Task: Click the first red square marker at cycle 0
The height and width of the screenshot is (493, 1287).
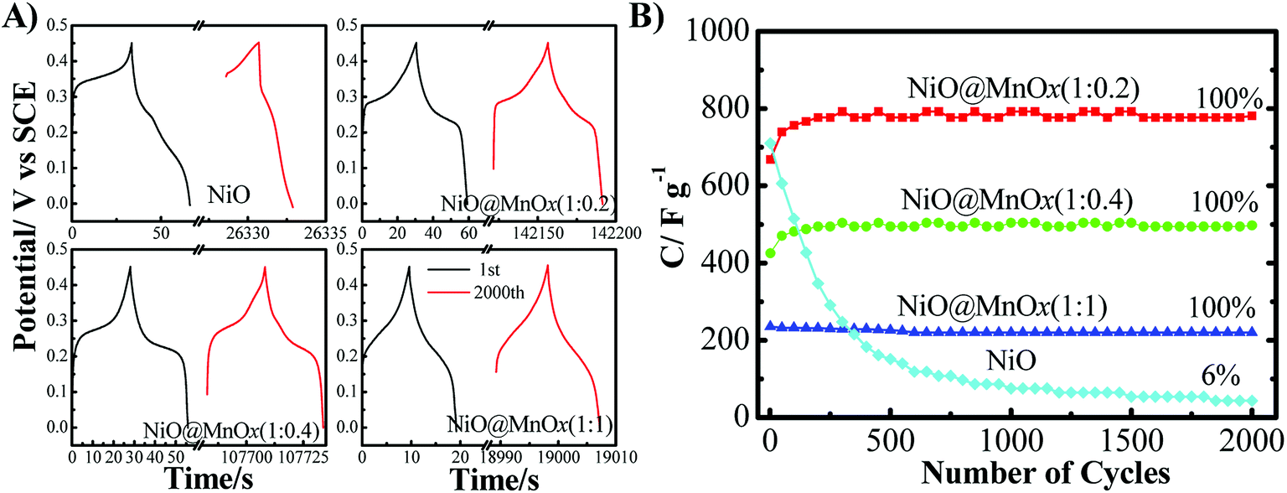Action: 770,158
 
